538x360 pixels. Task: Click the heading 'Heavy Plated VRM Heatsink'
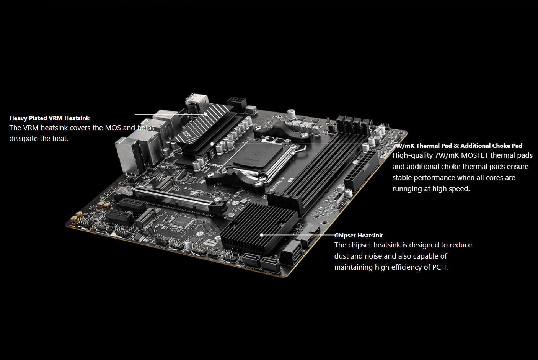[x=49, y=118]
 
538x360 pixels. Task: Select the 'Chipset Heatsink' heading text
[x=359, y=236]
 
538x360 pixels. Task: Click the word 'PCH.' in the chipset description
[x=440, y=267]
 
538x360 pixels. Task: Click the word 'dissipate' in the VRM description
[x=24, y=139]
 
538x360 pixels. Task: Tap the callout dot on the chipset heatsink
[x=261, y=235]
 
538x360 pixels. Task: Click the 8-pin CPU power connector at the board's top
[x=236, y=103]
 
